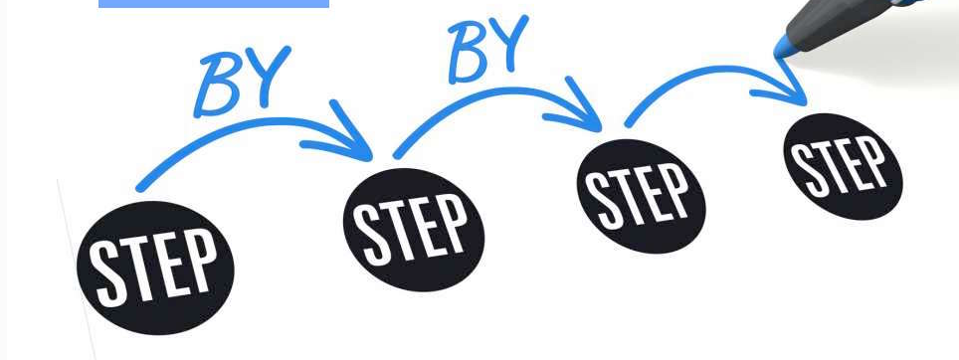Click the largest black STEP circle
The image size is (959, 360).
click(155, 268)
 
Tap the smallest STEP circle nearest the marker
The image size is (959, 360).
click(843, 166)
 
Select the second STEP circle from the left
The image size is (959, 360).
click(414, 229)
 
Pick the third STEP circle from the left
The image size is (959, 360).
click(641, 196)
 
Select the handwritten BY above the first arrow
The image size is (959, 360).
click(242, 83)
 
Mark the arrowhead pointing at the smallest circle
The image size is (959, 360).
click(786, 86)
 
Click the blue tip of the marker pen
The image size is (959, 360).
click(784, 47)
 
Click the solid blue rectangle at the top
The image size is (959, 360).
click(214, 4)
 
